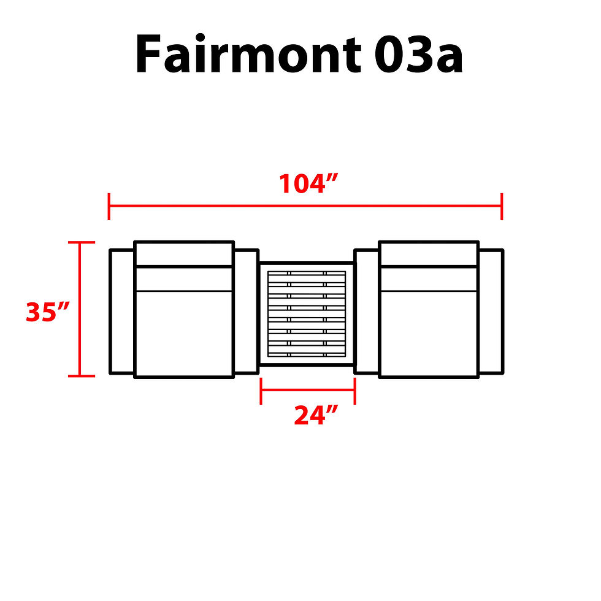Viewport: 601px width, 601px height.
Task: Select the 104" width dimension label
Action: point(308,183)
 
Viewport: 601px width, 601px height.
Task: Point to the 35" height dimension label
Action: point(48,312)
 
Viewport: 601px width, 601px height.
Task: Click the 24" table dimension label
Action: point(316,415)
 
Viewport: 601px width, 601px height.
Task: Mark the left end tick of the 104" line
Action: point(109,207)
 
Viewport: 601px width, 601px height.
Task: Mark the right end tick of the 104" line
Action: point(502,207)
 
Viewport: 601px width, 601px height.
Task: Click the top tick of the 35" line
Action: point(81,242)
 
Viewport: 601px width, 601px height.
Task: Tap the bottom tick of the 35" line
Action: point(81,376)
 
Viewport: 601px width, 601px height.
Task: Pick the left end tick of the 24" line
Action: point(261,391)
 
